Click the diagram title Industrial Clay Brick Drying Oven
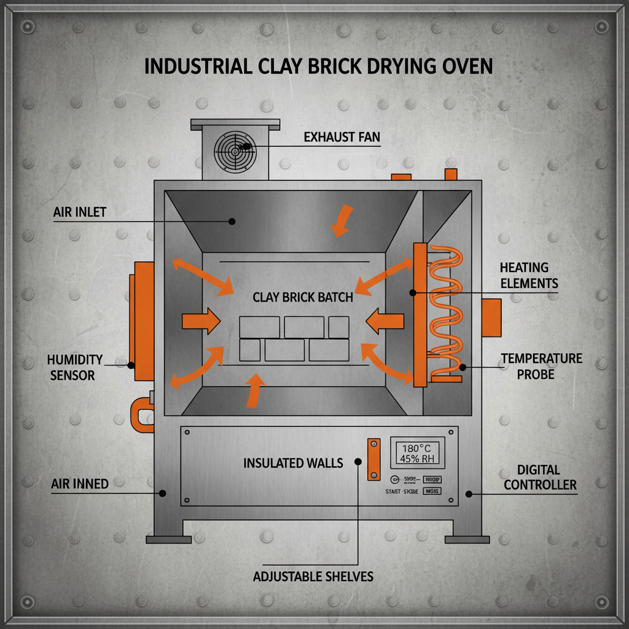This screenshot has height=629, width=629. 318,66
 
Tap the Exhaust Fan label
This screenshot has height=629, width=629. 342,137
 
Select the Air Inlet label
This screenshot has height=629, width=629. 79,213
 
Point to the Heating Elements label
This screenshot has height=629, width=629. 528,275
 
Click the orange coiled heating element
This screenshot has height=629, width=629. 446,313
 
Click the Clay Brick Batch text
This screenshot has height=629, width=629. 302,297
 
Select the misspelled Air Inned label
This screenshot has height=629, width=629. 80,484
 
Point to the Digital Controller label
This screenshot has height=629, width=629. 539,477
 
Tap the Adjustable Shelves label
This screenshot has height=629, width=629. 313,577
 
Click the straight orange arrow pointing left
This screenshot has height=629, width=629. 385,321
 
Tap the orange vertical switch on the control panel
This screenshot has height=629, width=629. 373,459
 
